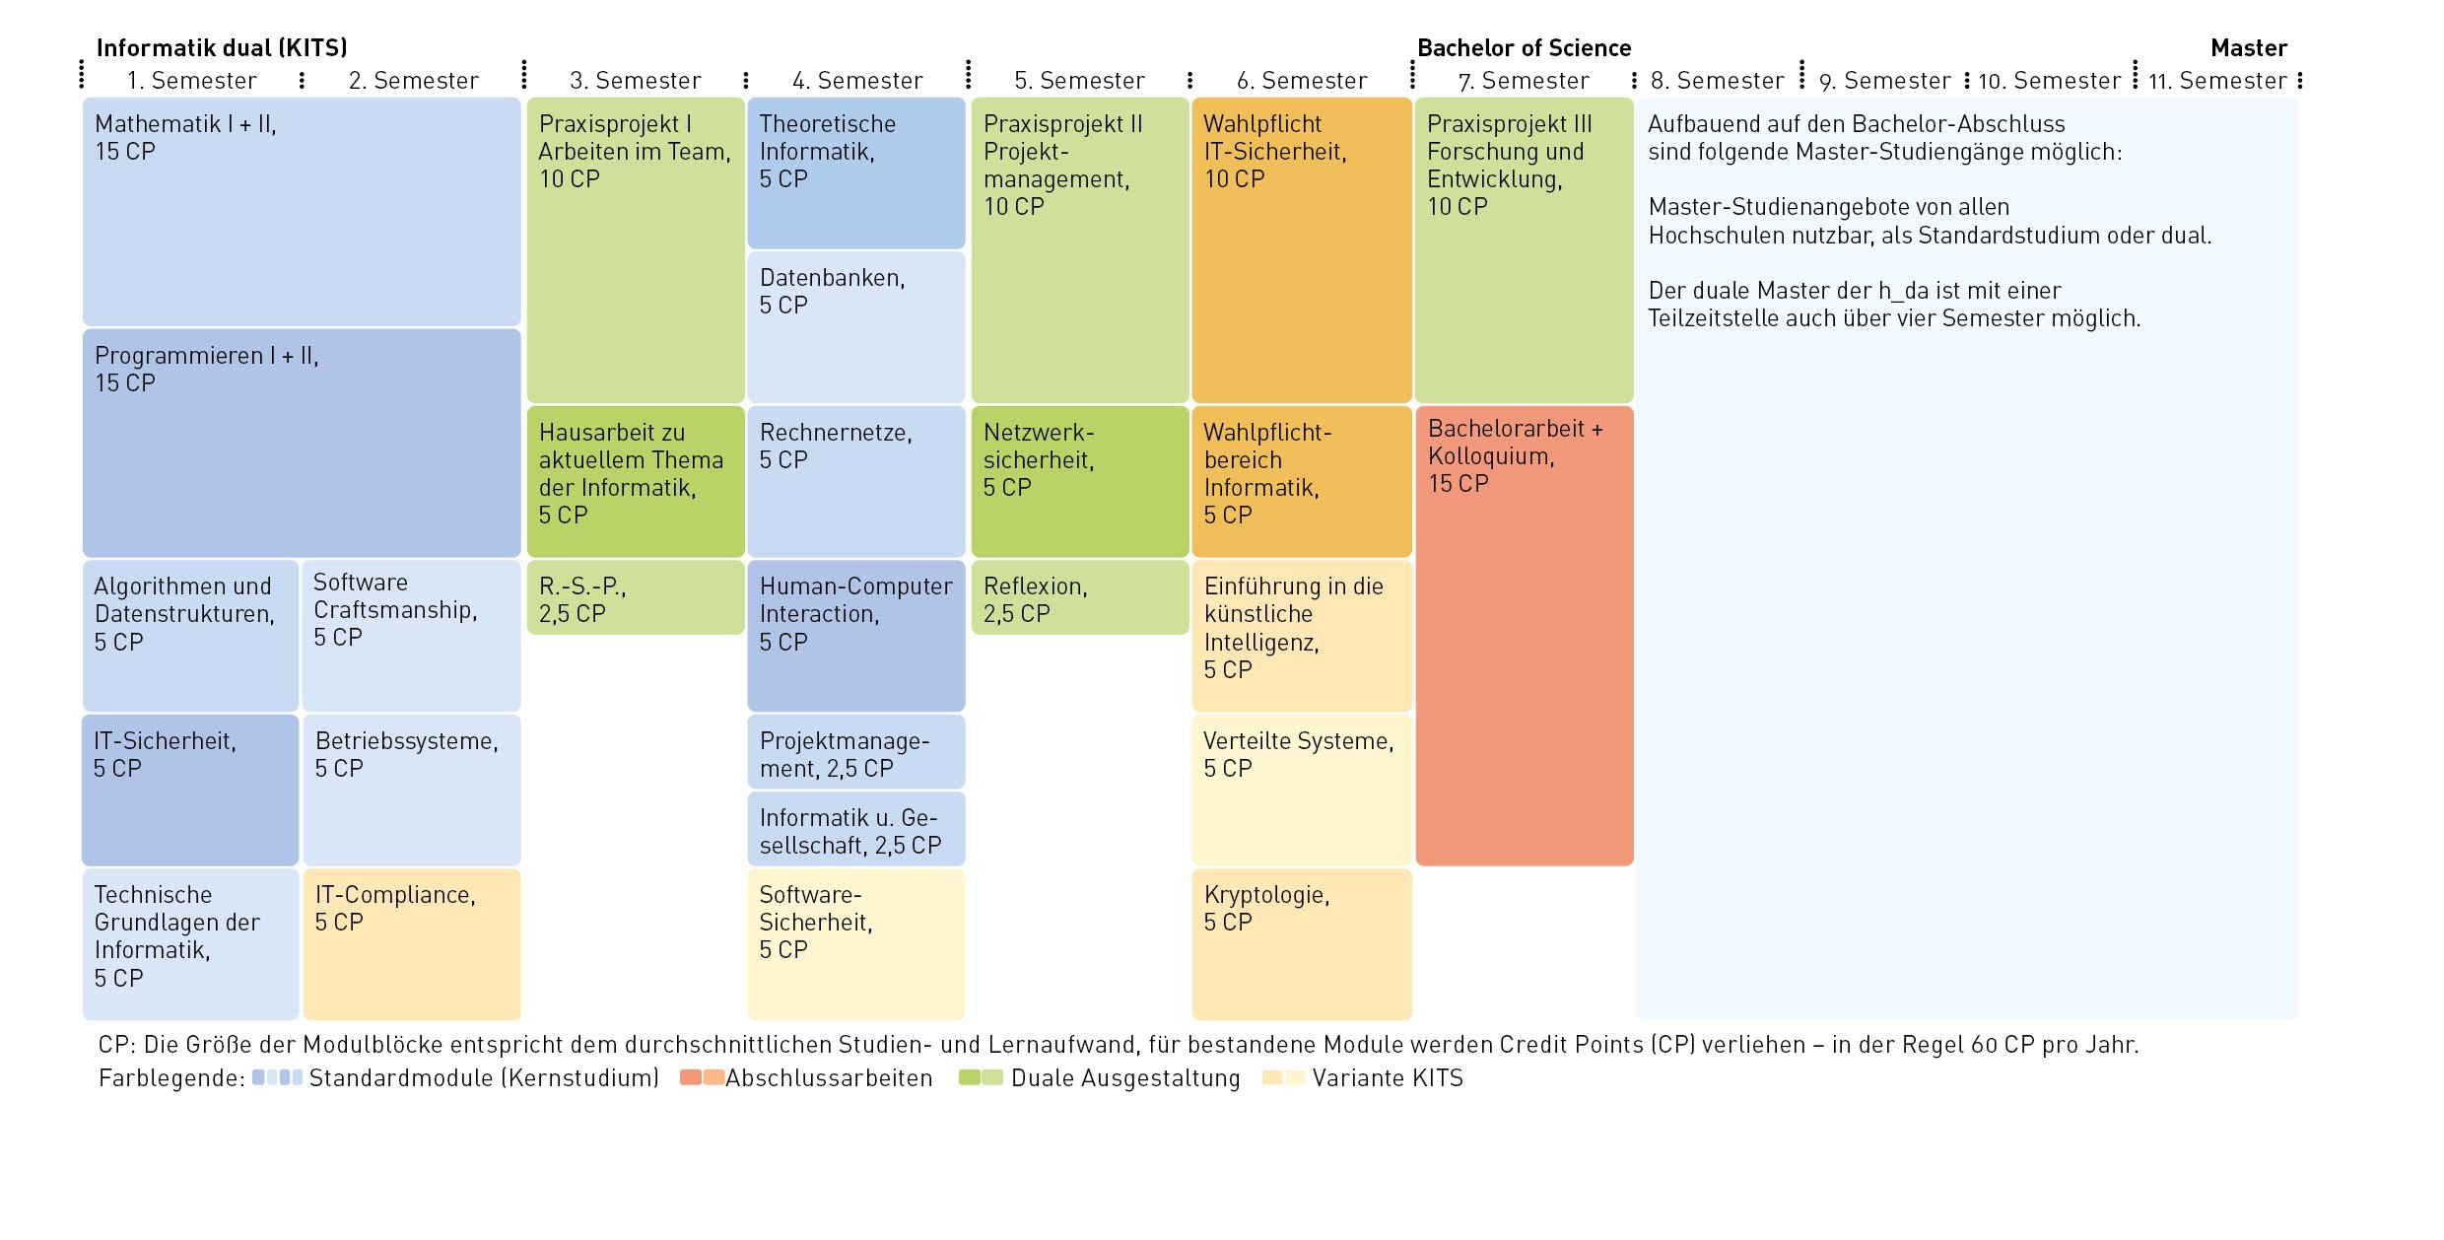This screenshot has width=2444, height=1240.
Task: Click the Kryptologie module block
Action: coord(1301,943)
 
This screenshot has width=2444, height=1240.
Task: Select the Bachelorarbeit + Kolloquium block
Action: coord(1524,636)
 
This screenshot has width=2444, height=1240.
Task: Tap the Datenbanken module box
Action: coord(856,327)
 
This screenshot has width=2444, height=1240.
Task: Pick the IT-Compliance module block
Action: coord(412,943)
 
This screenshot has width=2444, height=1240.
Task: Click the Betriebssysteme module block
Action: coord(412,790)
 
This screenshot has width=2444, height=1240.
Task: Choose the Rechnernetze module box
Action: coord(856,481)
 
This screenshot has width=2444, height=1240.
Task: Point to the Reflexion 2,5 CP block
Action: coord(1080,597)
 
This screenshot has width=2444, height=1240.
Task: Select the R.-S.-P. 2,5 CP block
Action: coord(636,597)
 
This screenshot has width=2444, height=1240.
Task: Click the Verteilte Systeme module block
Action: coord(1301,790)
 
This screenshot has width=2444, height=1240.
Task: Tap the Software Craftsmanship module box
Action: coord(412,636)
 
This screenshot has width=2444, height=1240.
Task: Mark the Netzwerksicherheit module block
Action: coord(1080,481)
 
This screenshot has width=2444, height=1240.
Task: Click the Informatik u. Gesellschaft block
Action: coord(856,829)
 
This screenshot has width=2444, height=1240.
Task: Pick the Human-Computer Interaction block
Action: coord(856,636)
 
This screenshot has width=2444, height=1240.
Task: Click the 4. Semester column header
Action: coord(857,81)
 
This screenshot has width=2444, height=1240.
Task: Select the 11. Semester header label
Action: coord(2217,81)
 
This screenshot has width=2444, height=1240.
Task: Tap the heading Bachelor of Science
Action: coord(1524,48)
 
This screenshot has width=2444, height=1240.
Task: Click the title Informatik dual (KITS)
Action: coord(222,48)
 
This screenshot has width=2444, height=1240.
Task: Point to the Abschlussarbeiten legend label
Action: coord(829,1078)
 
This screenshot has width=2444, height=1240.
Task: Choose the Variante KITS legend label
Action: coord(1388,1078)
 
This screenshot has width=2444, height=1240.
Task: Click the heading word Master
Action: coord(2249,48)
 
